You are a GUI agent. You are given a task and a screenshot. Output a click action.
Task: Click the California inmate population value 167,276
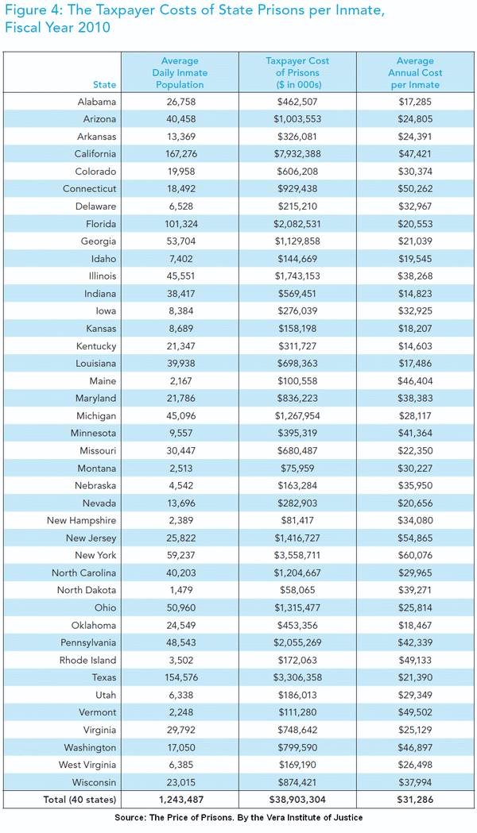point(180,154)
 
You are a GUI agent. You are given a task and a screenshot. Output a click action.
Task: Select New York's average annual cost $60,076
point(415,555)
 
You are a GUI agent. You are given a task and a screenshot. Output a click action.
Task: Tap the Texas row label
point(103,677)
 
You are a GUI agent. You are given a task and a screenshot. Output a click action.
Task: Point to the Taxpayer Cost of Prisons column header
point(297,73)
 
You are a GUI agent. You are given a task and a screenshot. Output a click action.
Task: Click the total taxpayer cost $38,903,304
point(297,800)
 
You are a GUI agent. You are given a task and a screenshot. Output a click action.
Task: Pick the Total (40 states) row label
point(79,800)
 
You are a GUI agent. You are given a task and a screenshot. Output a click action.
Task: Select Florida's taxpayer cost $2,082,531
point(297,224)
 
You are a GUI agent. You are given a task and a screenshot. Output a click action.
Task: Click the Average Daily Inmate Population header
point(180,73)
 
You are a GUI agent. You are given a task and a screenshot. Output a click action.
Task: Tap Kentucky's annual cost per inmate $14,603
point(415,346)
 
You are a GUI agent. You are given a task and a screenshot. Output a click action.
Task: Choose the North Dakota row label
point(87,590)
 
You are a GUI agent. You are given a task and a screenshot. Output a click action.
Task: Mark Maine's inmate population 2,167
point(180,381)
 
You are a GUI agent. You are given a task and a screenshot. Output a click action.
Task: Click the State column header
point(104,84)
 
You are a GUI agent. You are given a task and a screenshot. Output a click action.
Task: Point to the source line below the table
point(238,818)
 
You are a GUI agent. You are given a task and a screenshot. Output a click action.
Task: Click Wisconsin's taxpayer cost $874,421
point(297,782)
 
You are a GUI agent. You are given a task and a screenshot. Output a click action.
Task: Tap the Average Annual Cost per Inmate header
point(415,73)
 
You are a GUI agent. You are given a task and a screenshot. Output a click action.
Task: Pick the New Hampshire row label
point(81,521)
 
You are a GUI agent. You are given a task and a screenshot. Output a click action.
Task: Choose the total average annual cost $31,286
point(415,800)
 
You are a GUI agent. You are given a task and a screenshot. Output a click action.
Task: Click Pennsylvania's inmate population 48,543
point(180,642)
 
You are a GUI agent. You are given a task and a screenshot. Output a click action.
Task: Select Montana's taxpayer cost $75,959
point(297,468)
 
